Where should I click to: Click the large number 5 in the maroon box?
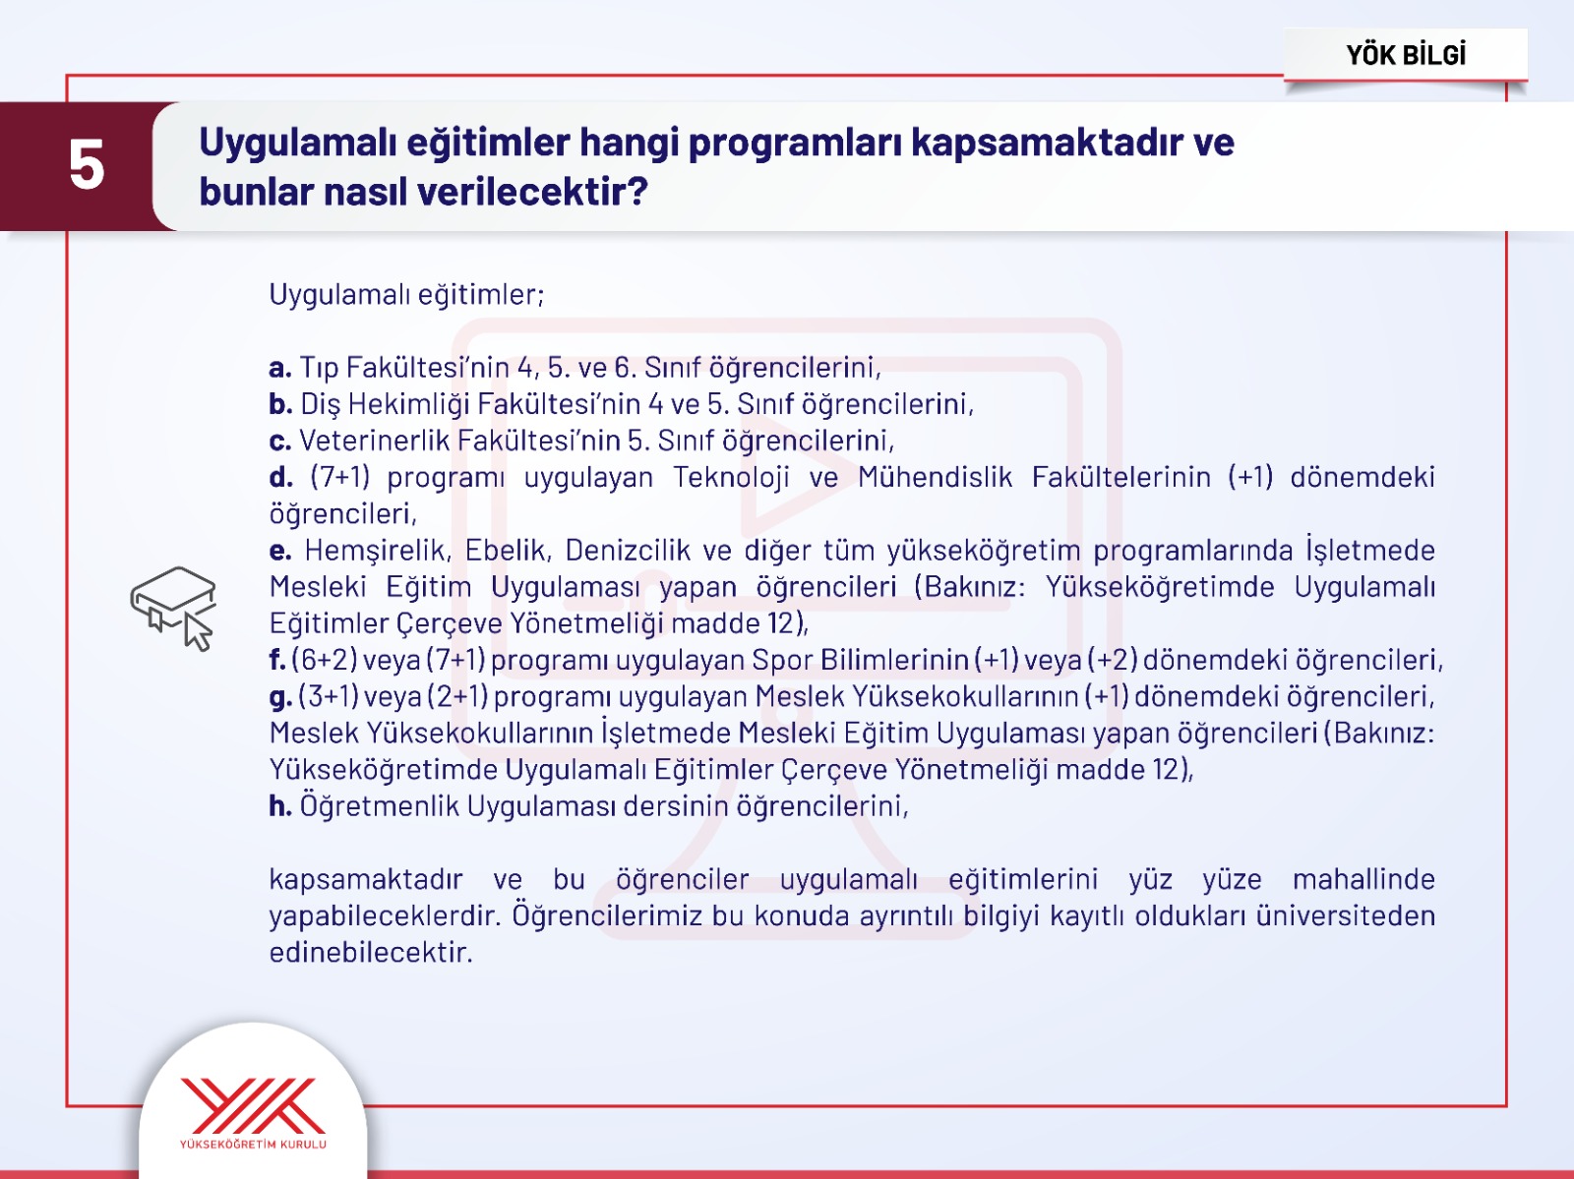pos(87,164)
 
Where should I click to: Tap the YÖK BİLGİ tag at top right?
pos(1406,55)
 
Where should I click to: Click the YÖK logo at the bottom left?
pos(253,1111)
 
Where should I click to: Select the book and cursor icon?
pos(174,607)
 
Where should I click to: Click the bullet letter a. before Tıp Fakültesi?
pos(279,368)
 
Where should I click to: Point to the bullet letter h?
pos(279,806)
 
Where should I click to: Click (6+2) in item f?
pos(325,660)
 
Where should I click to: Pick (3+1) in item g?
pos(329,696)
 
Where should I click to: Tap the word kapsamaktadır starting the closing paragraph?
pos(366,879)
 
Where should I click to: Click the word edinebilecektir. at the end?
pos(371,952)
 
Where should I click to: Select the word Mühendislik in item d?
pos(935,477)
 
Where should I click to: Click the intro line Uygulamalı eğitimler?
pos(406,294)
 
